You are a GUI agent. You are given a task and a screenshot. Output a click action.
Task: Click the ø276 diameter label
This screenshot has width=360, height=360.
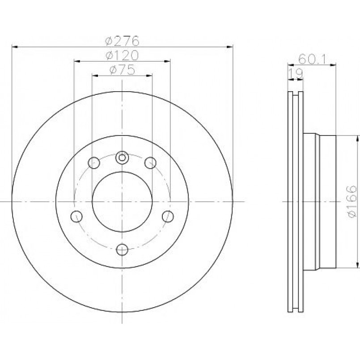(x=122, y=41)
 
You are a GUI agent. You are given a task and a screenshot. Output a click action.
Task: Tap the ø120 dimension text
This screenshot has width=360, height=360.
(x=122, y=55)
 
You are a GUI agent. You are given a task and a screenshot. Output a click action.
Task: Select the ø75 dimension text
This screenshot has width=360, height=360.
(x=122, y=70)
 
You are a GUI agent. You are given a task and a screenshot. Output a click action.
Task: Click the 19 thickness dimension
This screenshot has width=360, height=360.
(x=296, y=73)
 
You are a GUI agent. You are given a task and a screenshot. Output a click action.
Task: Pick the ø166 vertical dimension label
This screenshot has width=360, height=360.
(x=352, y=202)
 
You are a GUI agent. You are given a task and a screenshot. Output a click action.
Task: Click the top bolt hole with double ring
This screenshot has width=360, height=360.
(x=122, y=158)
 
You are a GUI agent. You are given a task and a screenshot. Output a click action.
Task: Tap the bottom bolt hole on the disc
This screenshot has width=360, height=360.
(x=122, y=250)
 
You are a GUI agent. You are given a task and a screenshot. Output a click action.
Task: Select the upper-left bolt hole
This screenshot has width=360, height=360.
(x=94, y=163)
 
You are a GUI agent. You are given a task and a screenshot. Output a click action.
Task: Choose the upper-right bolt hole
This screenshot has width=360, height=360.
(x=150, y=163)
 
